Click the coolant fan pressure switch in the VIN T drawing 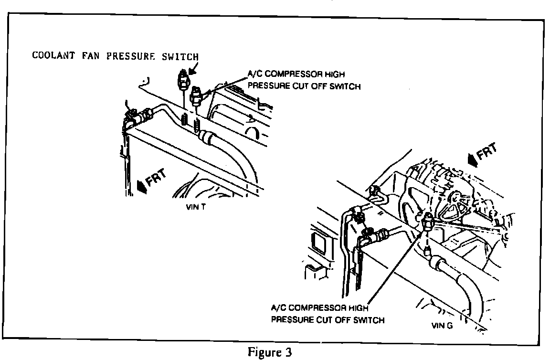(x=182, y=79)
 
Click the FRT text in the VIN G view (x=488, y=153)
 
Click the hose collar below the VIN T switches (x=206, y=137)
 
